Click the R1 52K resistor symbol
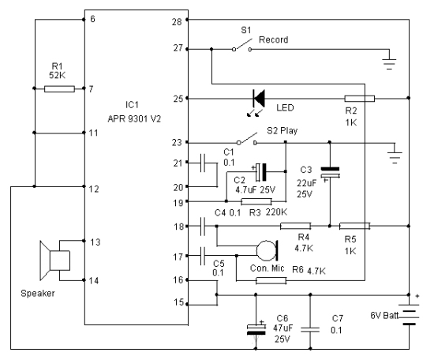[59, 89]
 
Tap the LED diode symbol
[259, 99]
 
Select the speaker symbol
[54, 261]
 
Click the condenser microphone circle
[267, 251]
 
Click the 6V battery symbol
[409, 314]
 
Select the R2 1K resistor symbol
[359, 99]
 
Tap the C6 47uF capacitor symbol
[256, 329]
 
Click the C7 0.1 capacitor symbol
[310, 329]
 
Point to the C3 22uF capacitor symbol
[330, 172]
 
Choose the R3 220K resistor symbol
[256, 201]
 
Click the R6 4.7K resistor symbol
[271, 281]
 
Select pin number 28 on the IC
[177, 22]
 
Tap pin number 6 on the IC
[92, 19]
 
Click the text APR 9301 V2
[134, 118]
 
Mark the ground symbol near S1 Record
[390, 64]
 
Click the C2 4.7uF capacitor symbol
[261, 172]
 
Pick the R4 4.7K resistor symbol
[296, 227]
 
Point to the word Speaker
[38, 294]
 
